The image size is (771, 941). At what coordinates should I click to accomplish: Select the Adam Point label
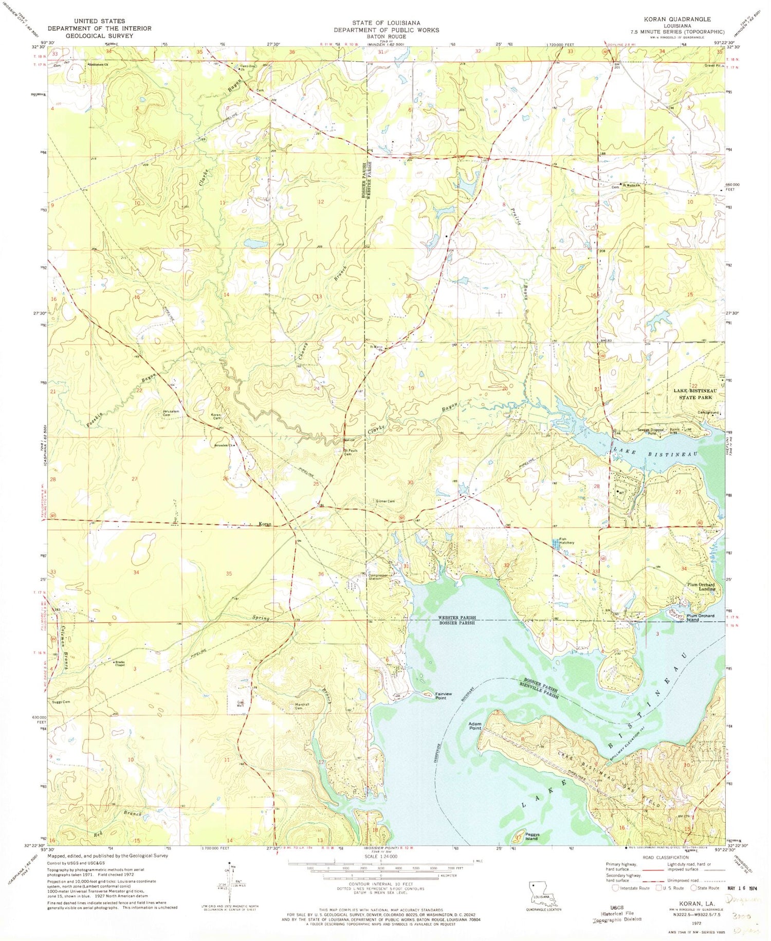[x=474, y=726]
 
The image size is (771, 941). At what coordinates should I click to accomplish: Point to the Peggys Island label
[x=531, y=837]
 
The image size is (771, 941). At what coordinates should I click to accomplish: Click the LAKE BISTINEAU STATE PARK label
[x=695, y=394]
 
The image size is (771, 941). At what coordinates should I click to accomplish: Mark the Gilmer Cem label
[x=384, y=501]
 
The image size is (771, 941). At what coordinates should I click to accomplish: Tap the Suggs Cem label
[x=61, y=701]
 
